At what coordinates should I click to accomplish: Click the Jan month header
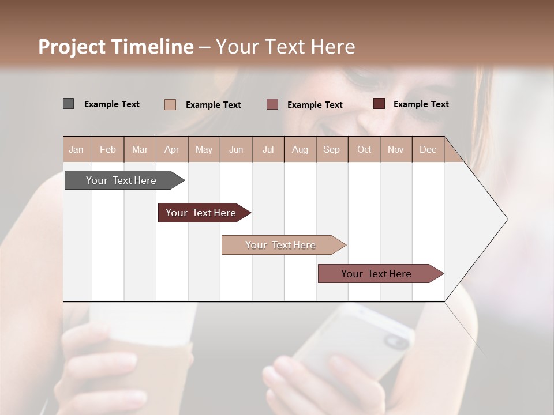pyautogui.click(x=77, y=149)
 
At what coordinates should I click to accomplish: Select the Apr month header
pyautogui.click(x=172, y=149)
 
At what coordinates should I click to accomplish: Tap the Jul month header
pyautogui.click(x=268, y=149)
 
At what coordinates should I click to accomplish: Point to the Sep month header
pyautogui.click(x=332, y=149)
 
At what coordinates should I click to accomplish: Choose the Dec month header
pyautogui.click(x=428, y=149)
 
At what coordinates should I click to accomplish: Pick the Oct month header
pyautogui.click(x=364, y=149)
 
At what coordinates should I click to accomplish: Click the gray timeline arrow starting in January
pyautogui.click(x=122, y=180)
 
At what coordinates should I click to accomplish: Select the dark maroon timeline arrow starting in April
pyautogui.click(x=201, y=213)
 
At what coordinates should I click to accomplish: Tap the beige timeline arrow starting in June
pyautogui.click(x=281, y=245)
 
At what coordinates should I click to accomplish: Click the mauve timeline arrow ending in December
pyautogui.click(x=377, y=274)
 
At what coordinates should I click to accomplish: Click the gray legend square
pyautogui.click(x=68, y=104)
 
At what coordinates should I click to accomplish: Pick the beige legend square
pyautogui.click(x=170, y=104)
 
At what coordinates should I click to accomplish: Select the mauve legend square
pyautogui.click(x=272, y=104)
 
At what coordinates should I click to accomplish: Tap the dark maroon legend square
pyautogui.click(x=379, y=104)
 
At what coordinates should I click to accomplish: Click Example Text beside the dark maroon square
pyautogui.click(x=421, y=104)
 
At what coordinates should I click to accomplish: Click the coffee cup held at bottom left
pyautogui.click(x=138, y=357)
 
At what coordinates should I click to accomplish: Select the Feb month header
pyautogui.click(x=108, y=149)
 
